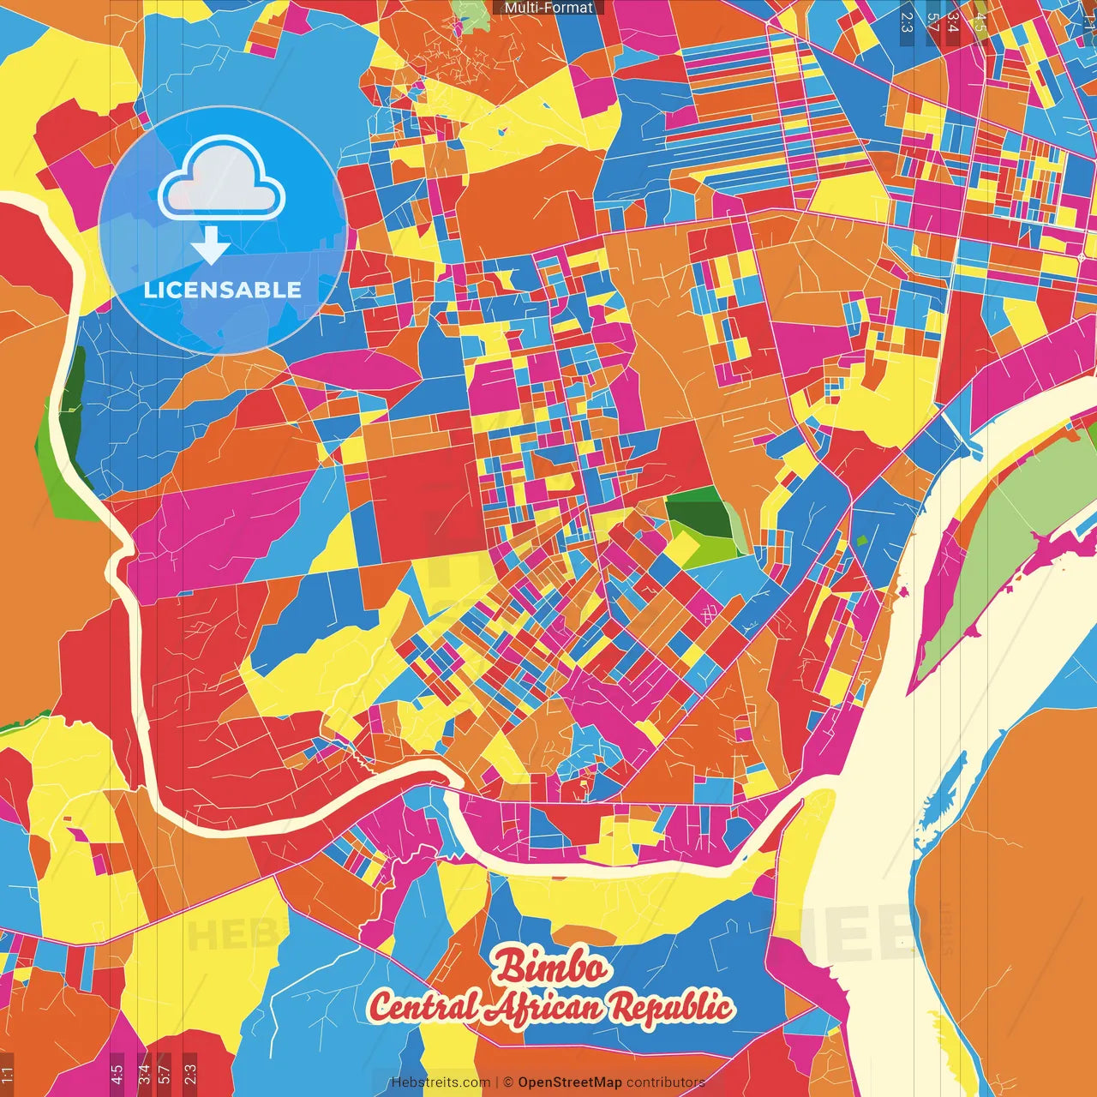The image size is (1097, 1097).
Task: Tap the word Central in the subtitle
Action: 423,1007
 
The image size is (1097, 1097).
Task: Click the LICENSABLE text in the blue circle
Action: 223,290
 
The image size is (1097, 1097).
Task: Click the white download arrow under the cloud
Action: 211,246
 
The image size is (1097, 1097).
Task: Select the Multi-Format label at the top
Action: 548,8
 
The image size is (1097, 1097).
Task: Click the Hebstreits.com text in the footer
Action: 441,1082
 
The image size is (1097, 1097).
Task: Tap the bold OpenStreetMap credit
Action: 569,1082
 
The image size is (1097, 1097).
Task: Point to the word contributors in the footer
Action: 665,1082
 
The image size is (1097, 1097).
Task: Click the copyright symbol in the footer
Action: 507,1082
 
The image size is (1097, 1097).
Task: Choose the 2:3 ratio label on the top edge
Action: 907,21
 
